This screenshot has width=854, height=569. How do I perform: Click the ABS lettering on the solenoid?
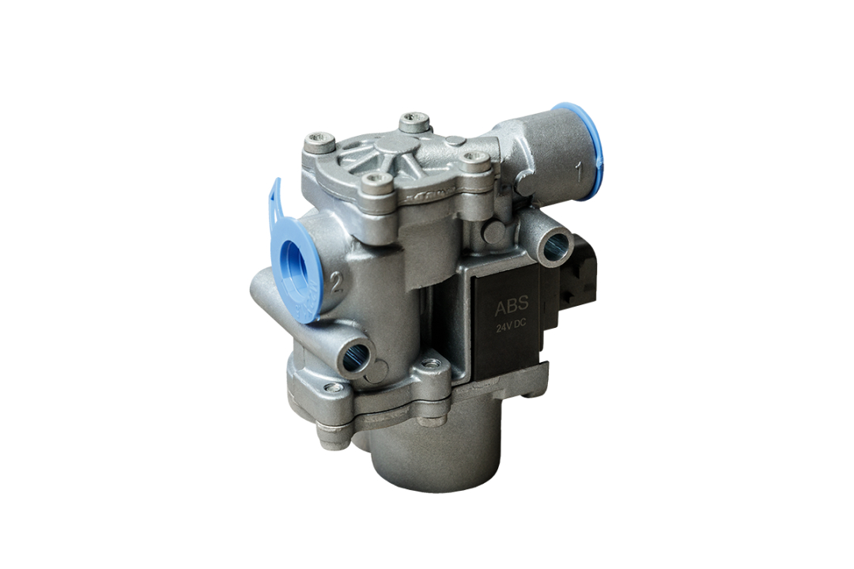coord(512,307)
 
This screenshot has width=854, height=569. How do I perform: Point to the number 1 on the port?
coord(580,173)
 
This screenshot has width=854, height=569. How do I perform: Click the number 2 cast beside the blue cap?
coord(337,283)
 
